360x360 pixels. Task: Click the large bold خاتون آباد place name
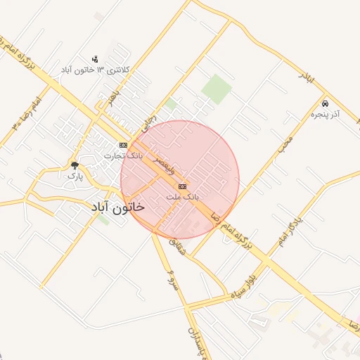(x=117, y=207)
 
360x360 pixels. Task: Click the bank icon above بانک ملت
(x=183, y=186)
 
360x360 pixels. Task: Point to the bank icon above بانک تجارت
(x=124, y=145)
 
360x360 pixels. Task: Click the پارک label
(x=75, y=176)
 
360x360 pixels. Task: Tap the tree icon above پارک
(x=75, y=166)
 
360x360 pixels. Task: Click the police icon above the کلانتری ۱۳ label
(x=96, y=59)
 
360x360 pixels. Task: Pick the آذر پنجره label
(x=325, y=113)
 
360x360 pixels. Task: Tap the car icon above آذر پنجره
(x=325, y=103)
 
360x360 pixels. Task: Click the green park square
(x=217, y=89)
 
